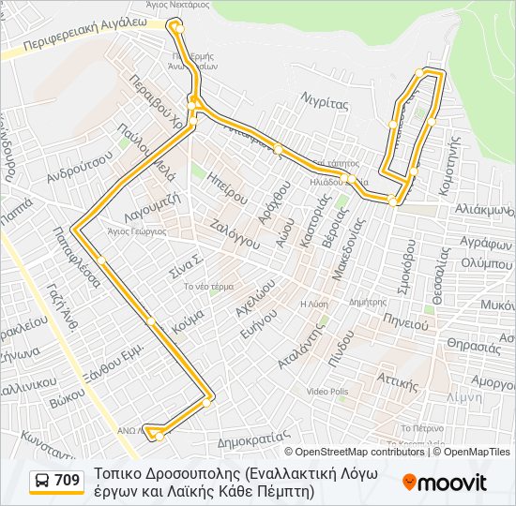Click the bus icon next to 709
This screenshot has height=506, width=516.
coord(42,482)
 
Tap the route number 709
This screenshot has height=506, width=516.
coord(68,482)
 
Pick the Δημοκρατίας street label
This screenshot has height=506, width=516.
coord(250,437)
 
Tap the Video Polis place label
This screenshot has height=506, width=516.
coord(326,391)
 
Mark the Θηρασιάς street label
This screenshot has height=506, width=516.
coord(475,344)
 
